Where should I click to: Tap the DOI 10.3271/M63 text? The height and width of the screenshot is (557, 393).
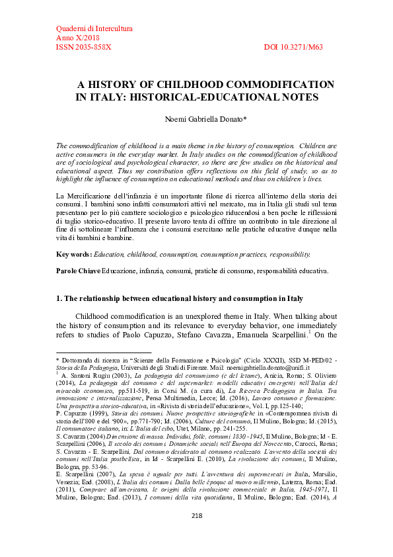[x=302, y=48]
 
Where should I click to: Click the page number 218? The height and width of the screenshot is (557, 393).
[x=196, y=534]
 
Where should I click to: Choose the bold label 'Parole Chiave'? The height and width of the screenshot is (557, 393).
[x=77, y=271]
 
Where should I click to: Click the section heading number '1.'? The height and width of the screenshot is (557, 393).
[x=59, y=298]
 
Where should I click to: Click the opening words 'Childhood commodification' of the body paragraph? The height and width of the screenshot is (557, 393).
[x=120, y=316]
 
